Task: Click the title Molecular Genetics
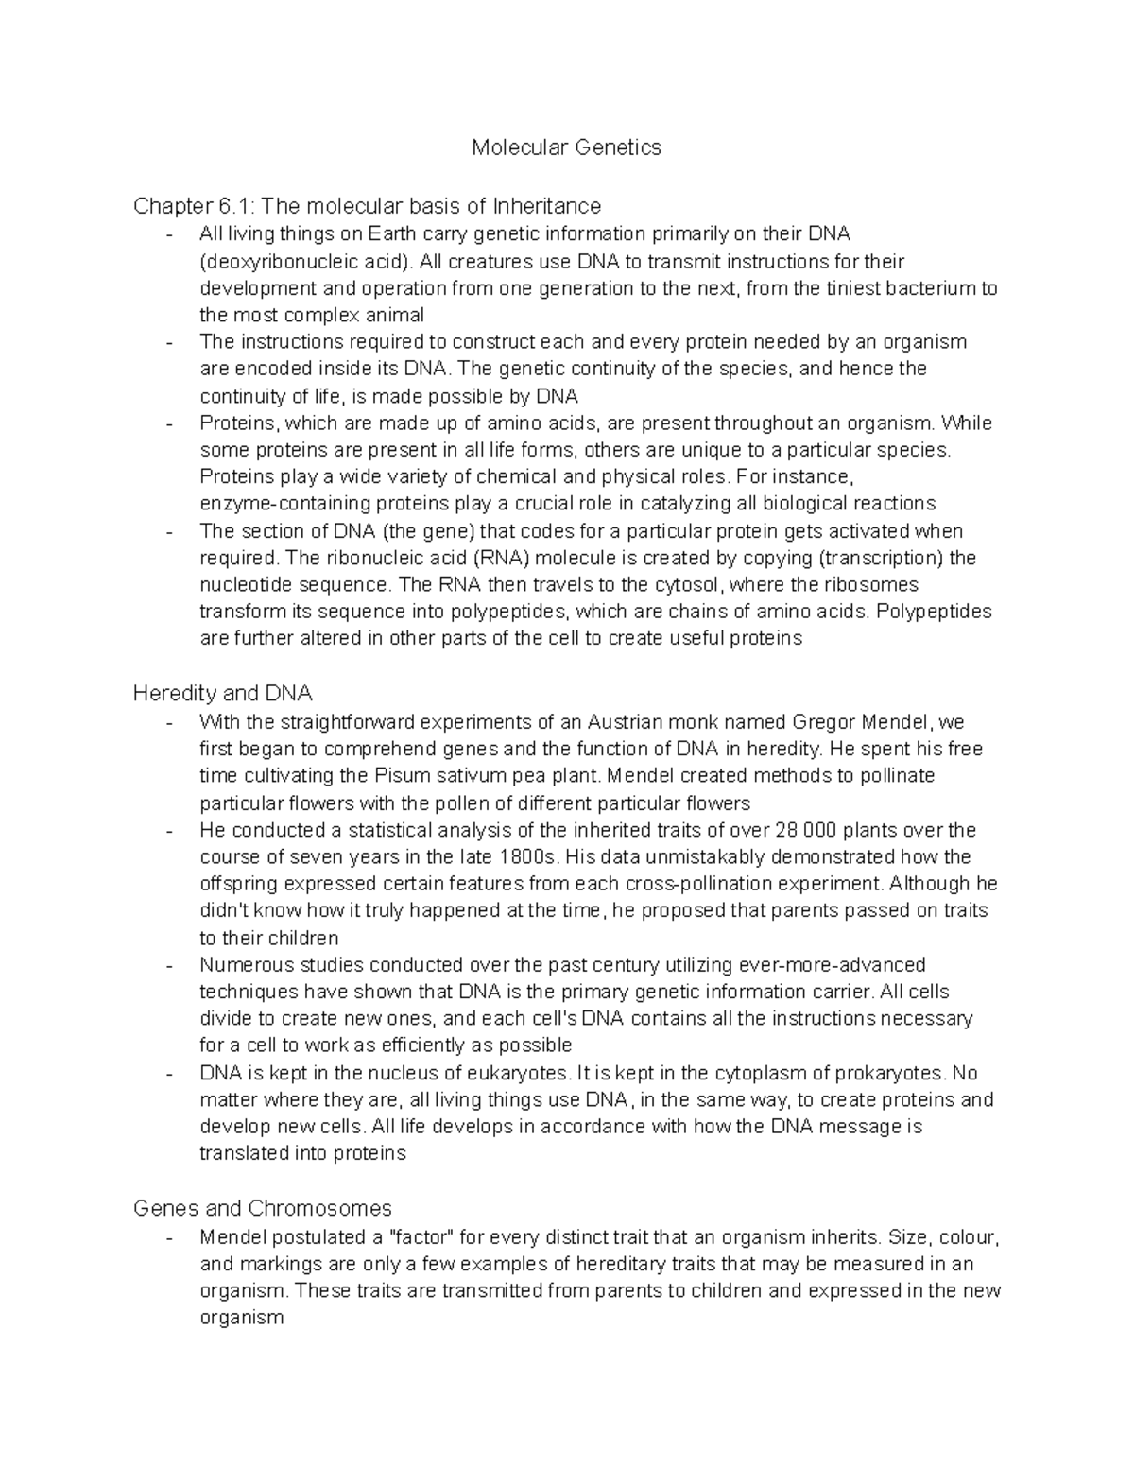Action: tap(566, 147)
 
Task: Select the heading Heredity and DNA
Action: tap(223, 694)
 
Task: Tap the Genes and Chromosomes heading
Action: tap(263, 1208)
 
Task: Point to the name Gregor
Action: tap(825, 722)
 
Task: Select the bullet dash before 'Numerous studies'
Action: tap(169, 966)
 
